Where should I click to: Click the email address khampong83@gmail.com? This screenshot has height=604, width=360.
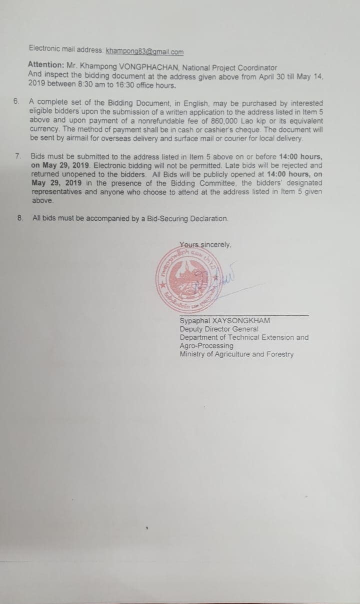click(x=145, y=51)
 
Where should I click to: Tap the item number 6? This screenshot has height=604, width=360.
click(x=16, y=101)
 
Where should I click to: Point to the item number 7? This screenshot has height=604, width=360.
click(x=18, y=156)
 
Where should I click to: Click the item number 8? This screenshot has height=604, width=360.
click(x=20, y=218)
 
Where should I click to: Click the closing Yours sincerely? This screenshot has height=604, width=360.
click(x=205, y=245)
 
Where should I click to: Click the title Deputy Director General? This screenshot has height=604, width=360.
click(x=218, y=329)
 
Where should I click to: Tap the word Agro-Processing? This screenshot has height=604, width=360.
click(x=206, y=346)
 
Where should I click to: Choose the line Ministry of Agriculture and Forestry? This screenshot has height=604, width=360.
click(x=236, y=354)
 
